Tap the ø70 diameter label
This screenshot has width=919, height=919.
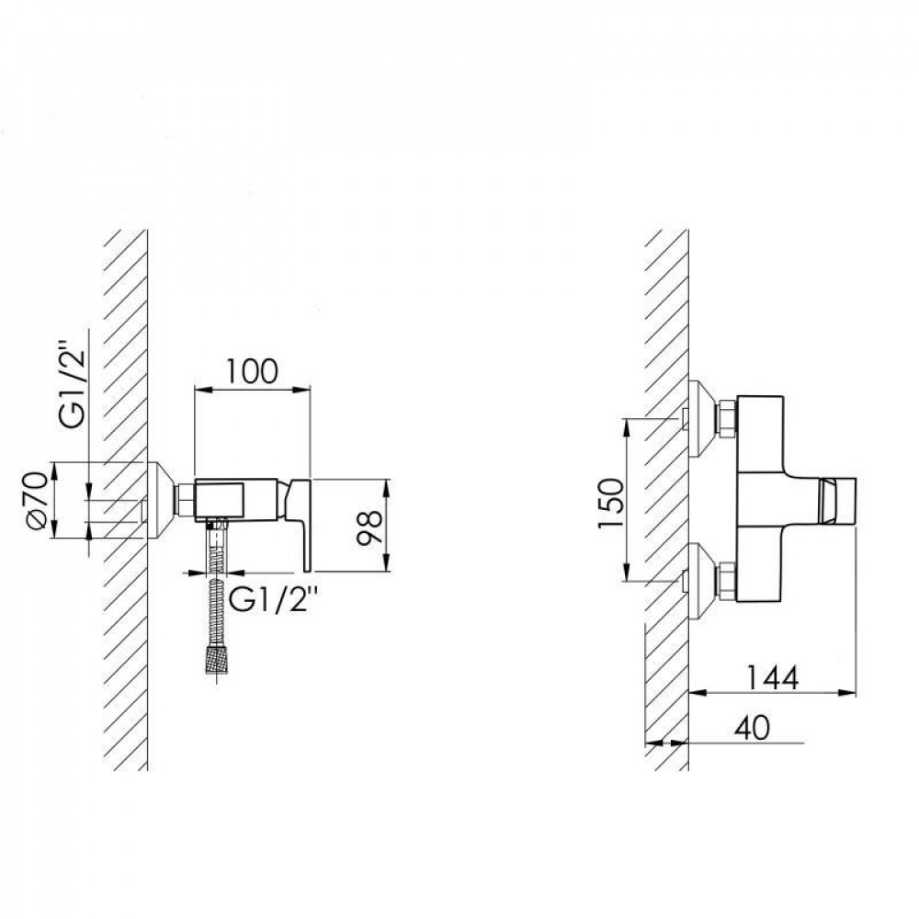coord(38,499)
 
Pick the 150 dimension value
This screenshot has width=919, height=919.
coord(610,503)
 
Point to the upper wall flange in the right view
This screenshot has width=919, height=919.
coord(702,419)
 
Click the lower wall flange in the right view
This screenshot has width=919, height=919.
coord(702,581)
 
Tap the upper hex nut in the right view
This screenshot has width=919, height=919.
coord(727,419)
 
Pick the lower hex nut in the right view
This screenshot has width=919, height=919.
coord(727,581)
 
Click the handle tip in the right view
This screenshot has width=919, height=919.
coord(839,500)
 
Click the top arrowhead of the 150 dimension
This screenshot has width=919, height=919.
coord(627,427)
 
